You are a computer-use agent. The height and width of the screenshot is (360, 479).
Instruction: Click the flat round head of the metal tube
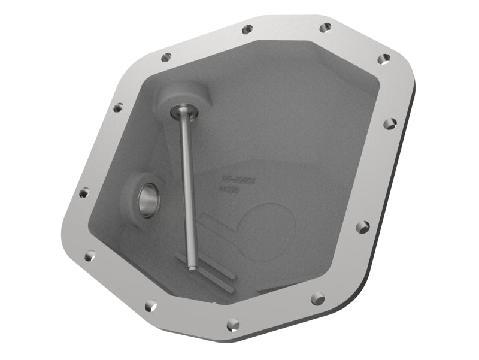tap(180, 111)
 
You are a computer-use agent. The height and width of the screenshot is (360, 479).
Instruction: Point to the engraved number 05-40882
tap(239, 179)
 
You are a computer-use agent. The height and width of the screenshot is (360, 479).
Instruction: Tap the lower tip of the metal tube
tap(192, 267)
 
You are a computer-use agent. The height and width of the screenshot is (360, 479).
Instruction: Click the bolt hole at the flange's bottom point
tap(234, 325)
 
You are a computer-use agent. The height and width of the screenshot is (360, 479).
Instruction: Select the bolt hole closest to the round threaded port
tap(84, 193)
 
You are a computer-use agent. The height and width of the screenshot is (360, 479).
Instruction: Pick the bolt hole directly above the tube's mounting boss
tap(166, 58)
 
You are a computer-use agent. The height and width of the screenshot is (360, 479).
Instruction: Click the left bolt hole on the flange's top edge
tap(247, 29)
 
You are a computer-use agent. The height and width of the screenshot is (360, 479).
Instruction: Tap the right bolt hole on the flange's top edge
tap(325, 28)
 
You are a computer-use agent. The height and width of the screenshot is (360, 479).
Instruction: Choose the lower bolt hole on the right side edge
tap(363, 227)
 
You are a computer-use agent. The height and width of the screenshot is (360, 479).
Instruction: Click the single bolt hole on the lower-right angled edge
tap(318, 298)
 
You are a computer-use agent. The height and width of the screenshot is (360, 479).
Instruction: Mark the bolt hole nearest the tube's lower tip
tap(151, 306)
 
